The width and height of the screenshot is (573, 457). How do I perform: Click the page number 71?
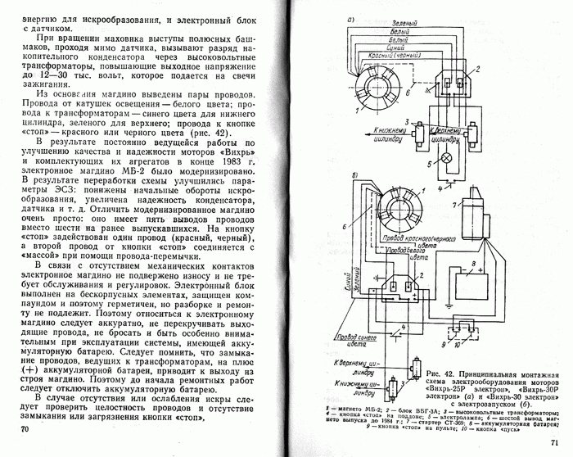[544, 444]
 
